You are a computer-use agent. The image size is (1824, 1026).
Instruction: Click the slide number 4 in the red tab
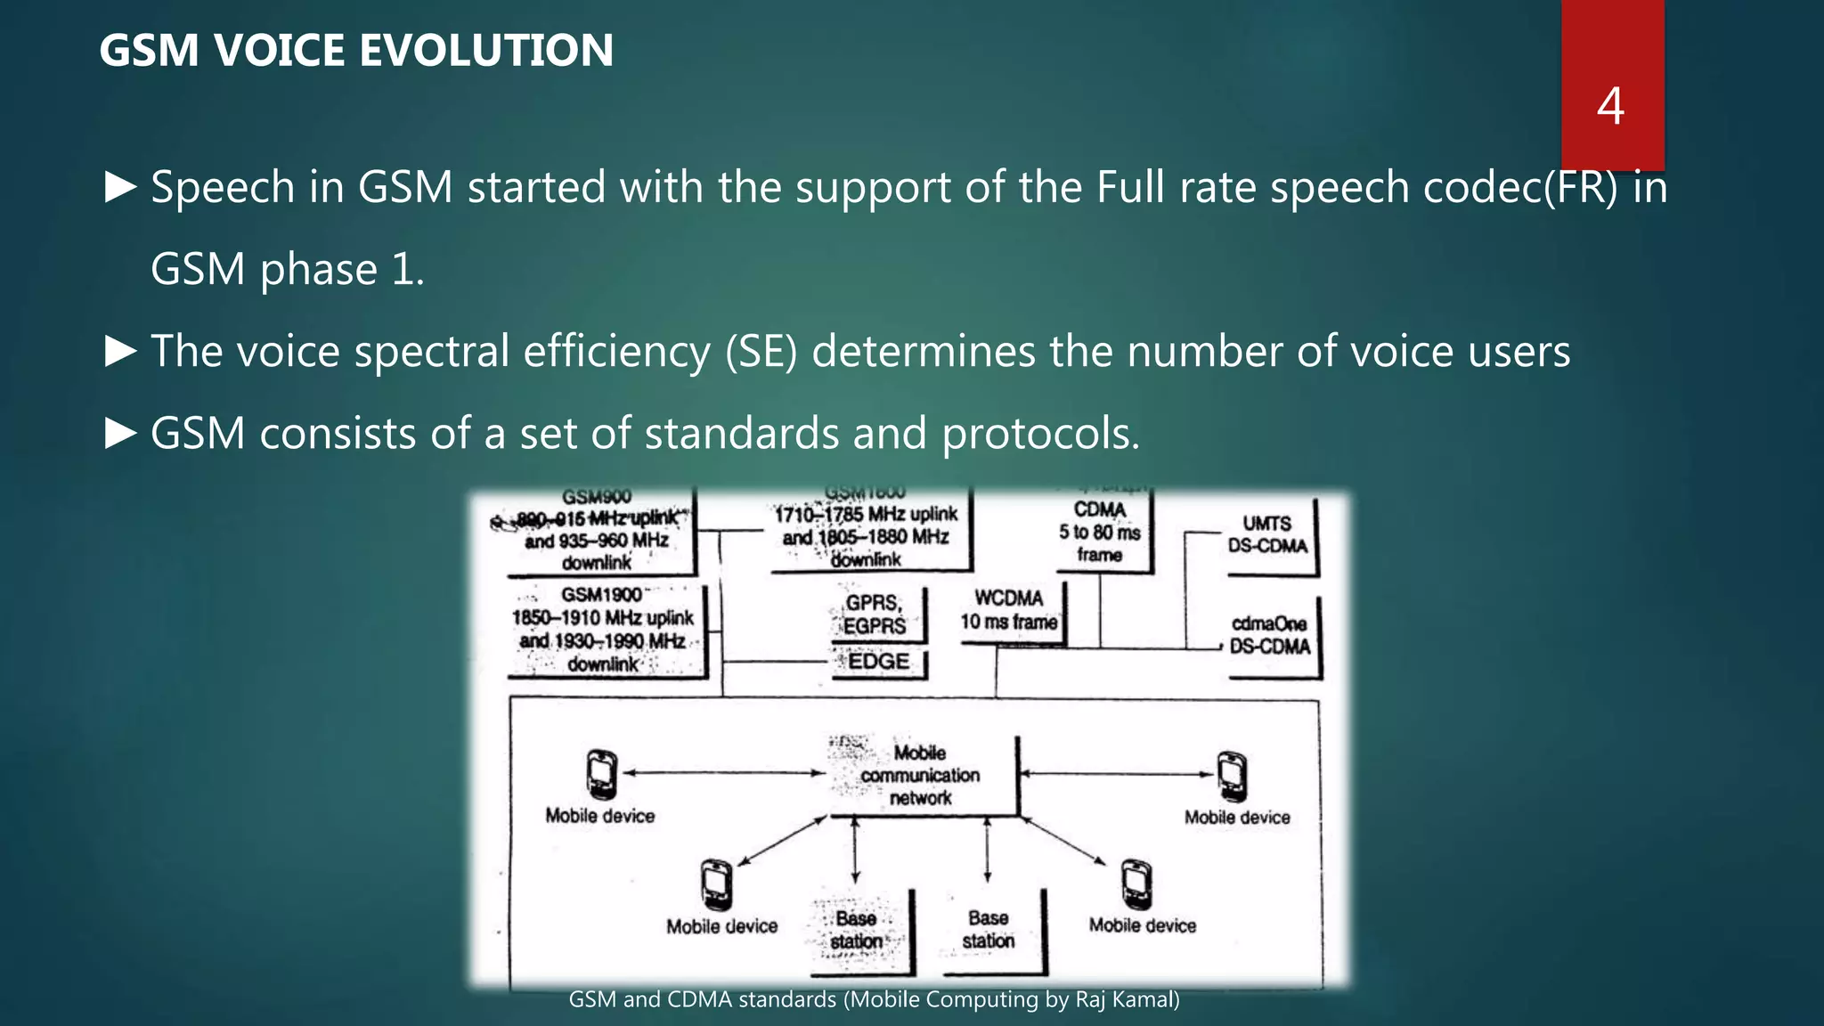(x=1610, y=106)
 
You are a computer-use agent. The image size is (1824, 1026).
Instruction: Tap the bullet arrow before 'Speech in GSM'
(x=120, y=187)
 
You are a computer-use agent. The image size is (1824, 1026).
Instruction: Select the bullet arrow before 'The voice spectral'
(x=120, y=351)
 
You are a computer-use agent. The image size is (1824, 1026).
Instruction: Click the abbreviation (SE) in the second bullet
(x=761, y=351)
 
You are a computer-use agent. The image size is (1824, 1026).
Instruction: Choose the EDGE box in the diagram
(x=878, y=662)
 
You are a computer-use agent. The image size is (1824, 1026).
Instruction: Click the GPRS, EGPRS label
(x=875, y=615)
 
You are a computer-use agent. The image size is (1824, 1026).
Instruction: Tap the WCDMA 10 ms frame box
(x=1008, y=610)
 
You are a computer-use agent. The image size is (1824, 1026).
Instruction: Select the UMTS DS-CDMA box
(x=1267, y=534)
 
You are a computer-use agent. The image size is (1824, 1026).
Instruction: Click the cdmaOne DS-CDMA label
(x=1269, y=635)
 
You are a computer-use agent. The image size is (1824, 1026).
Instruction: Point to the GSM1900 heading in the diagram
(x=601, y=595)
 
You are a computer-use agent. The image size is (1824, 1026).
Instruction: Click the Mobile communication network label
(x=920, y=776)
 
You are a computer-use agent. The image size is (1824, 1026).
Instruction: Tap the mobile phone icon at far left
(x=602, y=774)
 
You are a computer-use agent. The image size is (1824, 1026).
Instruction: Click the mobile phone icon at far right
(x=1232, y=776)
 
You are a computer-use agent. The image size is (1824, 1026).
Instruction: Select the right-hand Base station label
(x=988, y=929)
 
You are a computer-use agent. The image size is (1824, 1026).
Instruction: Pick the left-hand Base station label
(x=856, y=930)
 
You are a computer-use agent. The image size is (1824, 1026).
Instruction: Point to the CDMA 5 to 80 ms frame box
(x=1099, y=532)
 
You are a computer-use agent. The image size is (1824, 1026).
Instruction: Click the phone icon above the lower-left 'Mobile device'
(x=716, y=884)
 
